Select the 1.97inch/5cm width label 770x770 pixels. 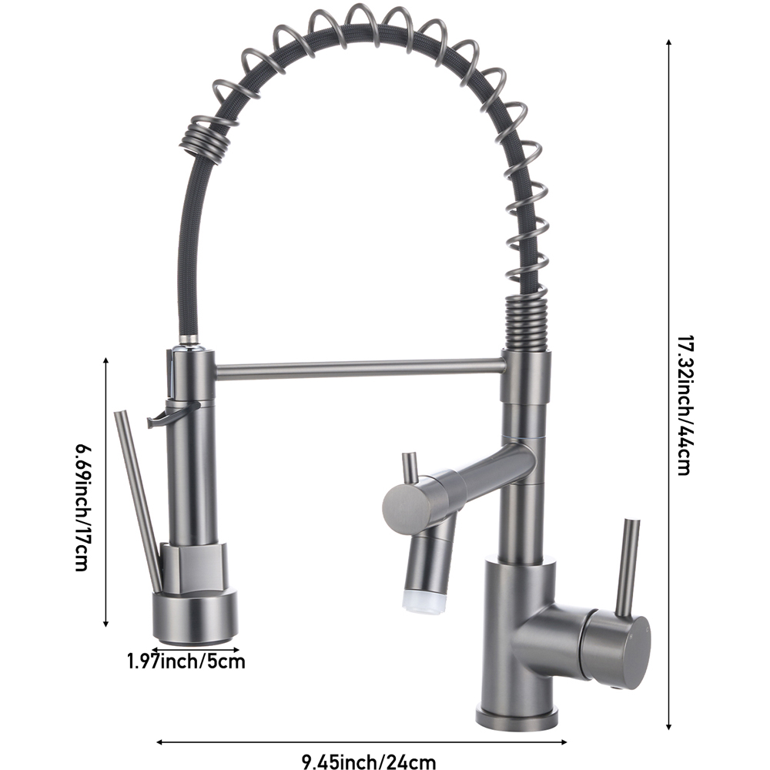(186, 660)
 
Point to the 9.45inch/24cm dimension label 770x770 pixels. (369, 762)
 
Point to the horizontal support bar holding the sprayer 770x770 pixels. (358, 368)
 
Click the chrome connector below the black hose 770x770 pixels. (189, 341)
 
